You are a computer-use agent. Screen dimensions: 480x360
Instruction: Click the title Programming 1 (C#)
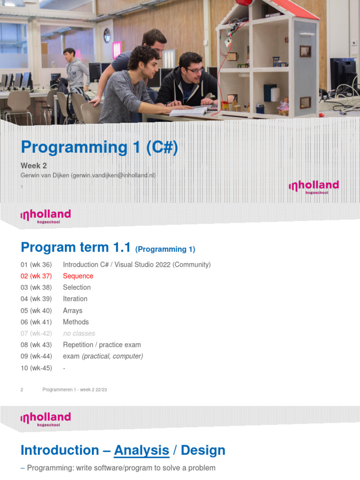coord(99,147)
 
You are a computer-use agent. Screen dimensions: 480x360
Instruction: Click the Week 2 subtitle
coord(34,165)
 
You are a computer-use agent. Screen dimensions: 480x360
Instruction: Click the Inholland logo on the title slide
coord(314,187)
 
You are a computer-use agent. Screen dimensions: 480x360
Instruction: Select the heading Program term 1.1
coord(75,247)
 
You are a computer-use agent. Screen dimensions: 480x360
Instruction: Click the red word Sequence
coord(78,276)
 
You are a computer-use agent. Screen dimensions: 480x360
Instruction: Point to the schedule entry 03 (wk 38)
coord(36,287)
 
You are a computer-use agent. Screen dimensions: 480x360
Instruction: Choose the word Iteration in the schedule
coord(75,299)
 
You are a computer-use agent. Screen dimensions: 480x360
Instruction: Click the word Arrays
coord(73,310)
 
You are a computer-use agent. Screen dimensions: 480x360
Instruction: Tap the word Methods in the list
coord(75,322)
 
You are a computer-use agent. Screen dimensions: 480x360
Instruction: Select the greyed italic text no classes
coord(79,333)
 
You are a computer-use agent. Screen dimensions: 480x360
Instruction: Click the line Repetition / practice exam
coord(102,345)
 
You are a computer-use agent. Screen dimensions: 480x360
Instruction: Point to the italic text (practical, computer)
coord(112,356)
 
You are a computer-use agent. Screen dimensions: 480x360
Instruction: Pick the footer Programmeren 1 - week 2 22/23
coord(75,390)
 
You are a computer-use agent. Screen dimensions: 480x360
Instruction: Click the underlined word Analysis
coord(142,450)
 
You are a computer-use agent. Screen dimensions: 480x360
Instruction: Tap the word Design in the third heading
coord(203,450)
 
